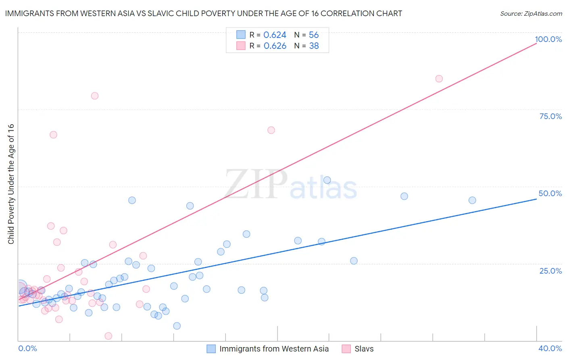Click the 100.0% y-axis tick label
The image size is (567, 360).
pyautogui.click(x=548, y=39)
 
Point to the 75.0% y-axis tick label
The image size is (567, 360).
pyautogui.click(x=550, y=116)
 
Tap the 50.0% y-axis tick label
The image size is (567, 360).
pyautogui.click(x=550, y=193)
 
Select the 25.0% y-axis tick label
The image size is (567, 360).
pyautogui.click(x=550, y=270)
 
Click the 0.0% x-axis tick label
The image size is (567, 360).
pyautogui.click(x=27, y=348)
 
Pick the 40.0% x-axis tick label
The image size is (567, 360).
pyautogui.click(x=550, y=348)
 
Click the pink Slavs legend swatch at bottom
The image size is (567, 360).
pyautogui.click(x=346, y=349)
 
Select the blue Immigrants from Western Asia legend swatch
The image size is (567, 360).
pyautogui.click(x=211, y=349)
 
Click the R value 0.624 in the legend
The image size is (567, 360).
pyautogui.click(x=275, y=35)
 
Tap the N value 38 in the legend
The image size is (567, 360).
pyautogui.click(x=314, y=46)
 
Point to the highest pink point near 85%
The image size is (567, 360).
pyautogui.click(x=439, y=79)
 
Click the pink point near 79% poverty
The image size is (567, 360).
pyautogui.click(x=95, y=96)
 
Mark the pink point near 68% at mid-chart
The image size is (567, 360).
pyautogui.click(x=271, y=130)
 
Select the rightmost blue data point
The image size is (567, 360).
pyautogui.click(x=472, y=200)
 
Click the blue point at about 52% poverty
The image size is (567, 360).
pyautogui.click(x=327, y=180)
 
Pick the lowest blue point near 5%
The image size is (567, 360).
pyautogui.click(x=177, y=326)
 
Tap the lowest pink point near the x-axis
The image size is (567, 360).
pyautogui.click(x=108, y=336)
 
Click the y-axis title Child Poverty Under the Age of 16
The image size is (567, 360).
pyautogui.click(x=11, y=184)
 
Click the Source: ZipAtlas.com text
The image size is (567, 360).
pyautogui.click(x=531, y=14)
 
